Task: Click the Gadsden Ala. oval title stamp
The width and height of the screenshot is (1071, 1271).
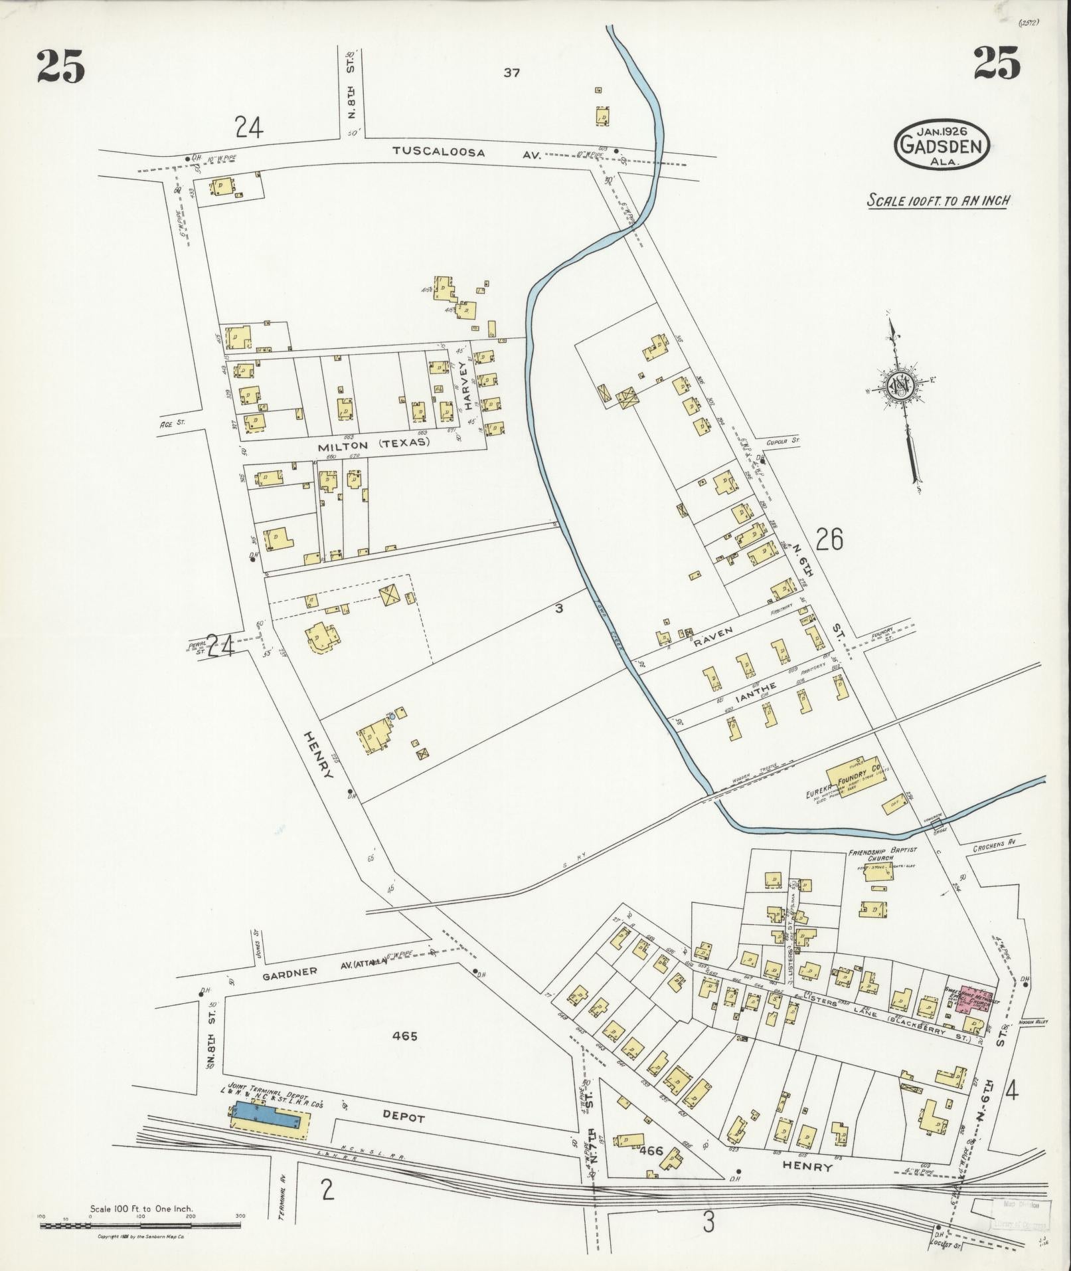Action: pos(942,144)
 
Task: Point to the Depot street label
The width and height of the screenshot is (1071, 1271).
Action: pos(402,1118)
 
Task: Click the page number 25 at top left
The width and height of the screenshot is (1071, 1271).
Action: pos(60,67)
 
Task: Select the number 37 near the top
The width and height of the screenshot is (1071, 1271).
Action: pos(511,73)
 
